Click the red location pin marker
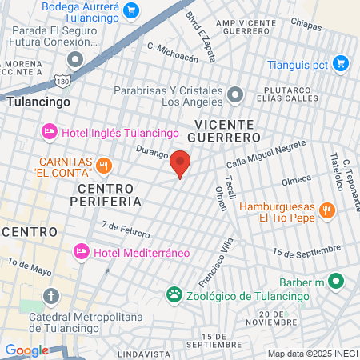coord(180,163)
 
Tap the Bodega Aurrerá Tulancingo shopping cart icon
coord(132,10)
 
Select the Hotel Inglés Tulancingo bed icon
coord(49,131)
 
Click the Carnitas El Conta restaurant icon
coord(103,166)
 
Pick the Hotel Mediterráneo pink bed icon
coord(81,252)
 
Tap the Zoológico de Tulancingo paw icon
coord(174,295)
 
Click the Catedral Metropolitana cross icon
coord(52,297)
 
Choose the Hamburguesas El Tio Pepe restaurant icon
coord(326,211)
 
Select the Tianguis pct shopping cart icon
coord(341,62)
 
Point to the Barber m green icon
coord(337,282)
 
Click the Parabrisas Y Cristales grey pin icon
coord(235,95)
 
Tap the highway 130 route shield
coord(63,81)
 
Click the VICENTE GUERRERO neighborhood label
coord(224,131)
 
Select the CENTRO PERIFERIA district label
coord(109,194)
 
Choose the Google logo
coord(26,350)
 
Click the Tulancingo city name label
coord(38,102)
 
